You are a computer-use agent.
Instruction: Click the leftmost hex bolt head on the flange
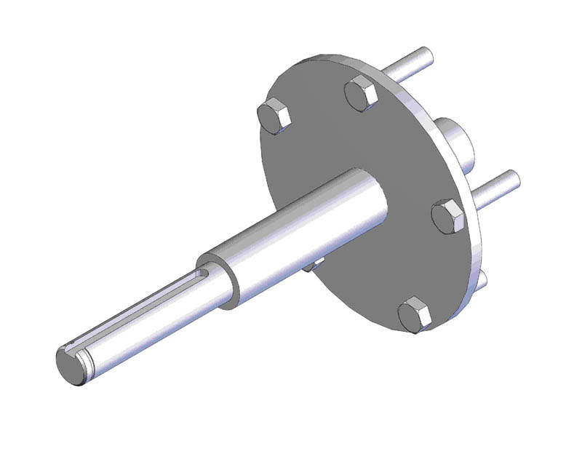pos(274,116)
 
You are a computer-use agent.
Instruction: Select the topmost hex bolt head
pos(360,93)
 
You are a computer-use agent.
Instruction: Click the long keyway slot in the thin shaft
pos(145,313)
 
